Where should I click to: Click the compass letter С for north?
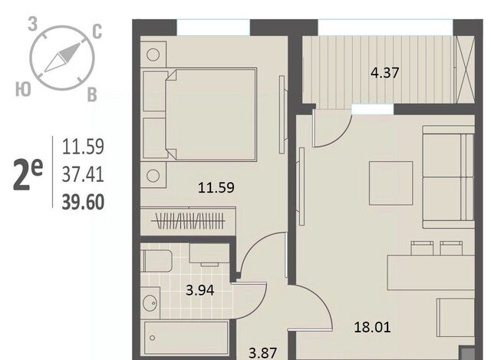point(97,32)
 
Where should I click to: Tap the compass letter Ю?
point(23,89)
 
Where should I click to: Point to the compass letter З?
point(32,24)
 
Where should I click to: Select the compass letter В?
point(92,94)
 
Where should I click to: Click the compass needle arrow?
point(62,58)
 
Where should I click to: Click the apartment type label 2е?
point(28,174)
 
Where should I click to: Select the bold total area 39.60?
point(83,202)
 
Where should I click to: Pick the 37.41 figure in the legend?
point(83,174)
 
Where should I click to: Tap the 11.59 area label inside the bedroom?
point(216,188)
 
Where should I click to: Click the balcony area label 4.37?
point(384,73)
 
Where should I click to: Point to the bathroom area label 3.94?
point(199,290)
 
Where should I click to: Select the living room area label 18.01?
point(372,328)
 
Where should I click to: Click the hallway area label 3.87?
point(262,353)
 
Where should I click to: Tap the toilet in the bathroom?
point(156,261)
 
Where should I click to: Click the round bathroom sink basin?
point(150,303)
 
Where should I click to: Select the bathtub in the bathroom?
point(186,339)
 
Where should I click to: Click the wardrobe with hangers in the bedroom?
point(188,221)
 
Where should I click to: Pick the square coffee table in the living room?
point(390,183)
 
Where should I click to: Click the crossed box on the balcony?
point(464,70)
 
